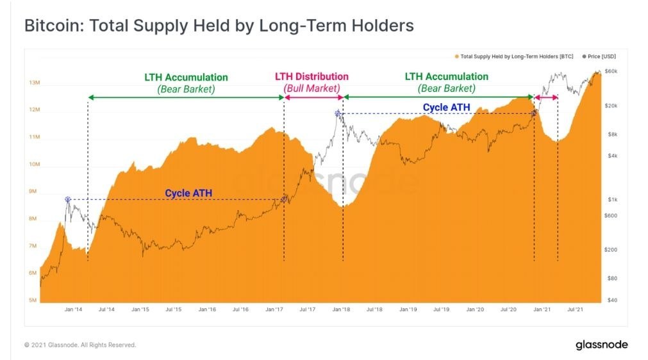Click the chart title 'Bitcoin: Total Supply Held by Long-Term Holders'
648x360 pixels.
[219, 26]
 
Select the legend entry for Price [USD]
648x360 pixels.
[602, 56]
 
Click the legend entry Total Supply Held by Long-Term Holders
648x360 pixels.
[513, 56]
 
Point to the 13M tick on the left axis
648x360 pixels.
[35, 83]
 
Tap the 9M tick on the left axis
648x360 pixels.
[35, 192]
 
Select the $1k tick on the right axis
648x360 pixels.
[611, 200]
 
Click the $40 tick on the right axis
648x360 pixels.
[611, 300]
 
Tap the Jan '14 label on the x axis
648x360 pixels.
[73, 309]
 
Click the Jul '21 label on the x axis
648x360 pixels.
[576, 309]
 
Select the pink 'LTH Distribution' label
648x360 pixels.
[312, 77]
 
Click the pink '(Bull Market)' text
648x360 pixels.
[312, 88]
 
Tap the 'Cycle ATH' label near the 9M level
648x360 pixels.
[188, 193]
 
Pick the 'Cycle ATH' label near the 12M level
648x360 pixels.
[446, 107]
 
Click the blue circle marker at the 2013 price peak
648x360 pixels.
[67, 200]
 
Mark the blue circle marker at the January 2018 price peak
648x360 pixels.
[337, 114]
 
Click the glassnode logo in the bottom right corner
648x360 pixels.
[601, 345]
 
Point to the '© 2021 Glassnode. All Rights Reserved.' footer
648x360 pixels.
[80, 345]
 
